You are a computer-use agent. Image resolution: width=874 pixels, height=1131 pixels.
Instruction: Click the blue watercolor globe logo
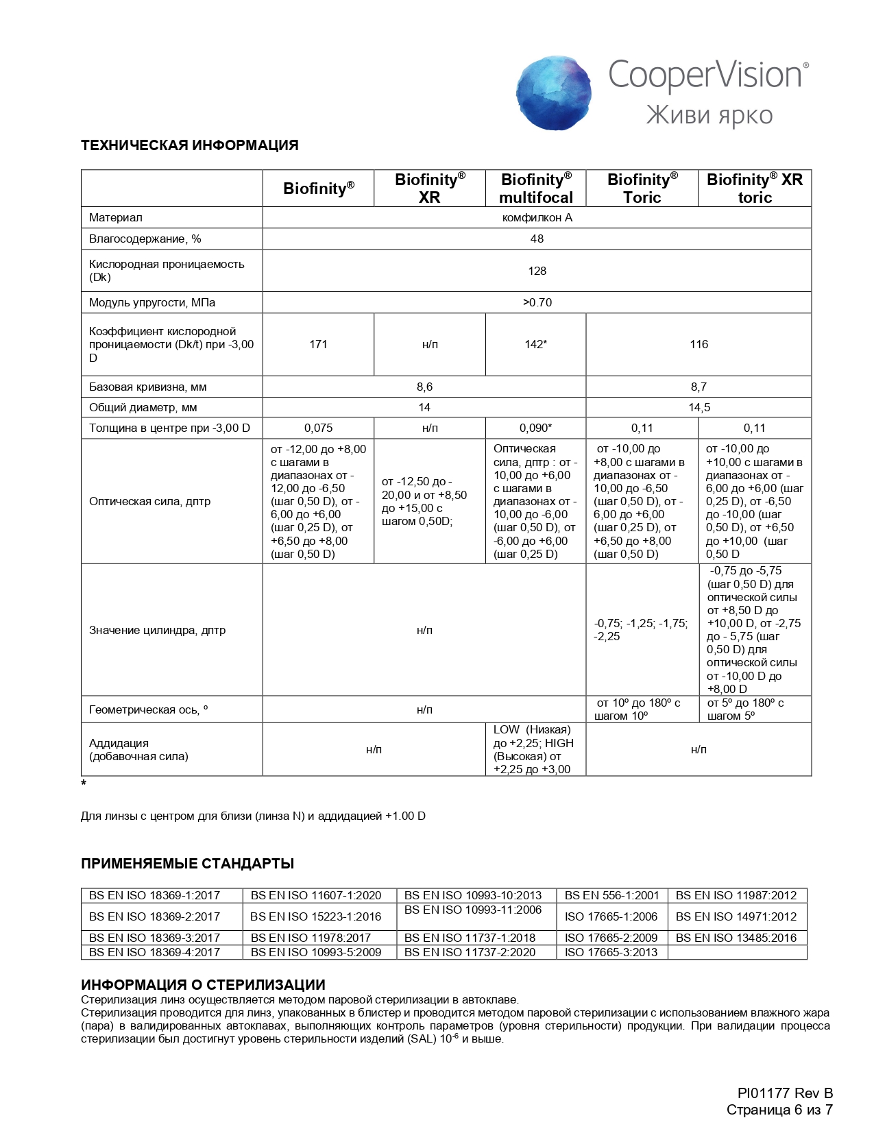[554, 93]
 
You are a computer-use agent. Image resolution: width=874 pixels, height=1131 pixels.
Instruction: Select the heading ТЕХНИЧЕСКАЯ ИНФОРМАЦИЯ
[190, 145]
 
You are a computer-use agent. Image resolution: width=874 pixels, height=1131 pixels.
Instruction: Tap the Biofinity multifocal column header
[536, 188]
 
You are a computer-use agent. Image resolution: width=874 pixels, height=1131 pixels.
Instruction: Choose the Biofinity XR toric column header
[754, 188]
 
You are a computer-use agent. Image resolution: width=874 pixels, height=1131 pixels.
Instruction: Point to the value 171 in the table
[318, 344]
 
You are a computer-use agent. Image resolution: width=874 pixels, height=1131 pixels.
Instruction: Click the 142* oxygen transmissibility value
[535, 344]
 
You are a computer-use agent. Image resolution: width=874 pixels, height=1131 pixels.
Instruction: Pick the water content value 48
[537, 239]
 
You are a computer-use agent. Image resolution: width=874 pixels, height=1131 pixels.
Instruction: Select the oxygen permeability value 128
[537, 271]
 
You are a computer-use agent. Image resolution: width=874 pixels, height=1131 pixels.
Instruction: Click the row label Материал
[116, 217]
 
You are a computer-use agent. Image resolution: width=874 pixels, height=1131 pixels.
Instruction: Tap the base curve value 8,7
[699, 387]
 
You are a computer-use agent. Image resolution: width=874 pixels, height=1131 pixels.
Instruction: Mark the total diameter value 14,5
[699, 407]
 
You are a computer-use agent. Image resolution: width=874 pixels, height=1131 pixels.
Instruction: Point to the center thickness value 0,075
[318, 428]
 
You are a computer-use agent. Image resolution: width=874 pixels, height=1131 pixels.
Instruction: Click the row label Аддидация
[119, 743]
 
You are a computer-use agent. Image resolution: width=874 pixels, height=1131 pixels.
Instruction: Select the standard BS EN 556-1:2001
[611, 895]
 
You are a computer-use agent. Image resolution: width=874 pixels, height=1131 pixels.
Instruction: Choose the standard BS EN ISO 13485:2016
[736, 938]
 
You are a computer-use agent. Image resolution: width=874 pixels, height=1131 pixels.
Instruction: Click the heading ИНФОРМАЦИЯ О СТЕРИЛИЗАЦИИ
[203, 985]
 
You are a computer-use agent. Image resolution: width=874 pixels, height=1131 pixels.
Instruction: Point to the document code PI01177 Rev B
[785, 1093]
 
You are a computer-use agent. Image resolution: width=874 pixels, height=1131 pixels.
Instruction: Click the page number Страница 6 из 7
[779, 1110]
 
